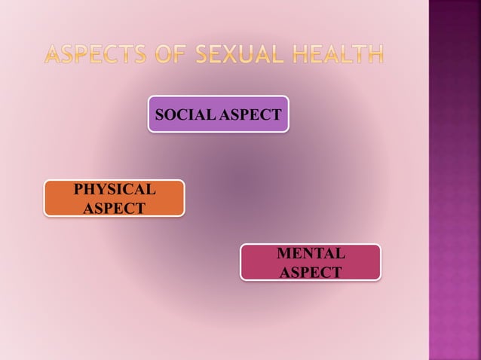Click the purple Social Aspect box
(x=218, y=114)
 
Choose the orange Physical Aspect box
(x=114, y=198)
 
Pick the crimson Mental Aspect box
(x=310, y=262)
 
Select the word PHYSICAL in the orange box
(x=114, y=189)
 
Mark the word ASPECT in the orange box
(x=114, y=208)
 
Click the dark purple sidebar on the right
(x=455, y=181)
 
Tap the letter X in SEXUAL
(x=221, y=54)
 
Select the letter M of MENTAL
(x=283, y=253)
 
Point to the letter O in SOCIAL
(x=170, y=115)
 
